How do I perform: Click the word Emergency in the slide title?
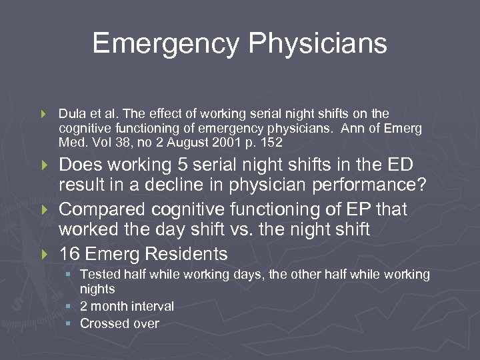point(165,44)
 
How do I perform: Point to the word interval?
point(151,306)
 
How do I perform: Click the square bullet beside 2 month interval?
point(69,307)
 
